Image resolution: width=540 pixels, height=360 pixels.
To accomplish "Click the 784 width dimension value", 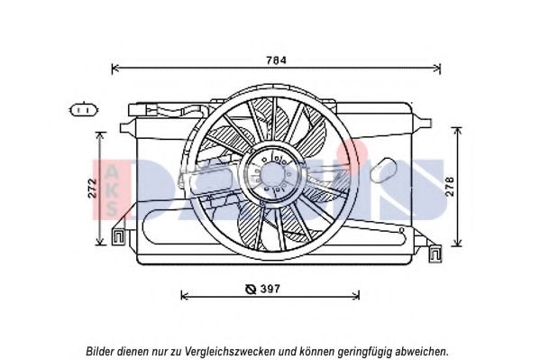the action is (276, 60).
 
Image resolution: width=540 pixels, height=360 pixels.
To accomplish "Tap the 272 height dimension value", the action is (92, 189).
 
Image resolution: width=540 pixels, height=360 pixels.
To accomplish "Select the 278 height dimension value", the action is (450, 187).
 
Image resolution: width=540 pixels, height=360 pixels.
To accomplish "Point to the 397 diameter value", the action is (270, 289).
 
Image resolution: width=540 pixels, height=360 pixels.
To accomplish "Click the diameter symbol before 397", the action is (251, 289).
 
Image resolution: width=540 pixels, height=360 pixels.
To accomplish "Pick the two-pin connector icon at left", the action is (84, 110).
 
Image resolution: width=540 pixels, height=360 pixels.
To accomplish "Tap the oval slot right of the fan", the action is (385, 170).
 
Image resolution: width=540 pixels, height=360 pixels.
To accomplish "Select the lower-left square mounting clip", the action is (118, 236).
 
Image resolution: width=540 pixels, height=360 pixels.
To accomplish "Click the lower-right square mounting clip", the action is (435, 254).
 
